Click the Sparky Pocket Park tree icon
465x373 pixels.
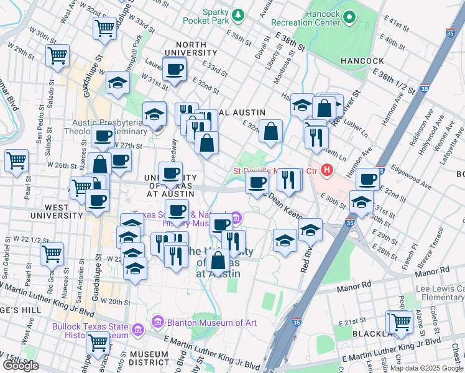pyautogui.click(x=237, y=14)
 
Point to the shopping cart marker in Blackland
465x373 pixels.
pyautogui.click(x=401, y=321)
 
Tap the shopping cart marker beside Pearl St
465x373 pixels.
pyautogui.click(x=16, y=160)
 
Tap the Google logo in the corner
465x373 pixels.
pyautogui.click(x=21, y=365)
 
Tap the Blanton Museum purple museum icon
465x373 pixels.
pyautogui.click(x=157, y=322)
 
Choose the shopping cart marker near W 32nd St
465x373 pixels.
pyautogui.click(x=104, y=27)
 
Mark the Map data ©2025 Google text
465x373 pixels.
pyautogui.click(x=426, y=368)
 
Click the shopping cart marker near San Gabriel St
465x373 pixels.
pyautogui.click(x=52, y=253)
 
